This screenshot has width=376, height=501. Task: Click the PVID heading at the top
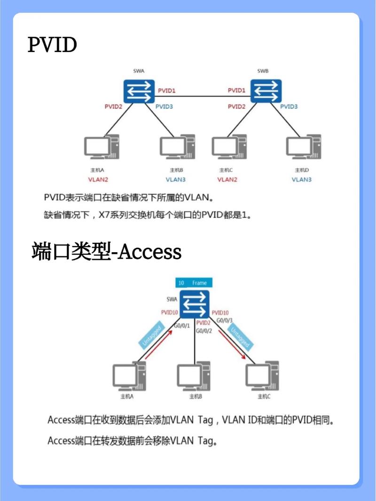coord(53,45)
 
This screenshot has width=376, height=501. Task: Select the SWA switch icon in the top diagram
coord(140,91)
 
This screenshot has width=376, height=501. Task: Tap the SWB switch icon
coord(266,91)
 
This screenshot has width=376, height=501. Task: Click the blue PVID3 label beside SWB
coord(289,107)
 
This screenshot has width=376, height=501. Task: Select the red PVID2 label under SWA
coord(113,107)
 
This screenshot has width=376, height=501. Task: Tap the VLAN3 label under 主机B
coord(175,179)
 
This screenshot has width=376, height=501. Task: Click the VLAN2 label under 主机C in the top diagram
coord(227,179)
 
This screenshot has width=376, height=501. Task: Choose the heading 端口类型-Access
coord(106,252)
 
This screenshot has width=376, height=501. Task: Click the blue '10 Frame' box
coord(194,283)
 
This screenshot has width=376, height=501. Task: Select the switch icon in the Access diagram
coord(194,304)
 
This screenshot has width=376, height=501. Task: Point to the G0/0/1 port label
coord(181,325)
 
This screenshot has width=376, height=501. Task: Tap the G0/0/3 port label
coord(224,320)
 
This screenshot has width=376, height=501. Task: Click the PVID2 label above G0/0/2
coord(203,323)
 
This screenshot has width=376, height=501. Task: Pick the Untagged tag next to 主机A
coord(151,337)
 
